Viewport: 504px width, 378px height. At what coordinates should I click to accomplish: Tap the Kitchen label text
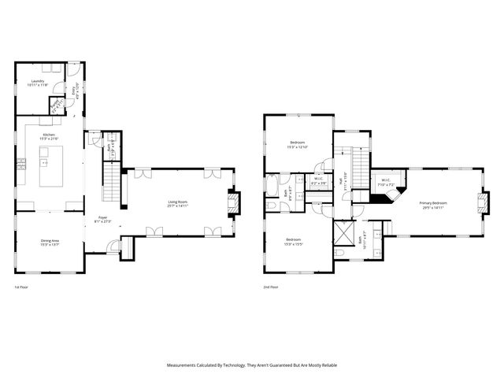[49, 137]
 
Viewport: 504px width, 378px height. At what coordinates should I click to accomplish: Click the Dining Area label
[49, 243]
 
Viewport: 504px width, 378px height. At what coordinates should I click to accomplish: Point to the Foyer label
[103, 220]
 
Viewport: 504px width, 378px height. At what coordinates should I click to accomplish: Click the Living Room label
[177, 204]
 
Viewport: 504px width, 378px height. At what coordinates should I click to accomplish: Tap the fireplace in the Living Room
[232, 203]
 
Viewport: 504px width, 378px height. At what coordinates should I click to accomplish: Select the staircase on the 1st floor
[112, 186]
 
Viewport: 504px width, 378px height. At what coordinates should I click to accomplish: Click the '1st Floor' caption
[22, 287]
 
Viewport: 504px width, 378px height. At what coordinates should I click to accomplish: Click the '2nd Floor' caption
[272, 287]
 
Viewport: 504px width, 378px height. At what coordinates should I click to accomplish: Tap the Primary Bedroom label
[433, 205]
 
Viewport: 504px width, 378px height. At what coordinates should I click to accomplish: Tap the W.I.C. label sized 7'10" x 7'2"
[386, 182]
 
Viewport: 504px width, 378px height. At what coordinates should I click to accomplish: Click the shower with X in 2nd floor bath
[344, 234]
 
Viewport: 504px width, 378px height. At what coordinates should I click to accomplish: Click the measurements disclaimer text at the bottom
[252, 365]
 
